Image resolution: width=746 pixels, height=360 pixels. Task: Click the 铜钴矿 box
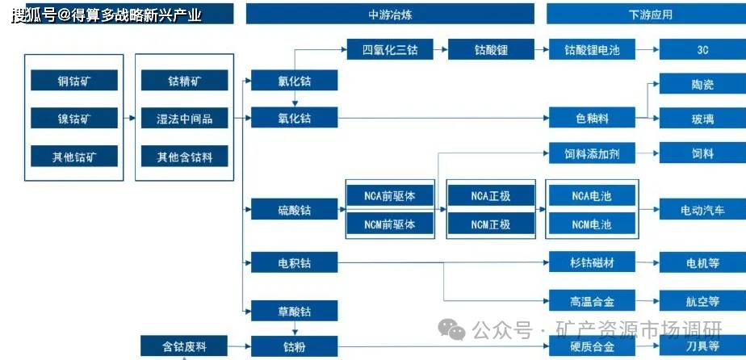pyautogui.click(x=74, y=80)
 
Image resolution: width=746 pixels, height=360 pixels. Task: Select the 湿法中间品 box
pyautogui.click(x=185, y=118)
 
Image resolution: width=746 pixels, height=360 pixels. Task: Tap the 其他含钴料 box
pyautogui.click(x=185, y=156)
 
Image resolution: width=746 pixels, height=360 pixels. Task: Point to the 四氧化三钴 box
pyautogui.click(x=390, y=49)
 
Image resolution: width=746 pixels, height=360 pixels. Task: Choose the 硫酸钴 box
pyautogui.click(x=295, y=209)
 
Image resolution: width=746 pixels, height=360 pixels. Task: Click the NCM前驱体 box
pyautogui.click(x=390, y=224)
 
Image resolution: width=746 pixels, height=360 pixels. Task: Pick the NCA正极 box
pyautogui.click(x=491, y=195)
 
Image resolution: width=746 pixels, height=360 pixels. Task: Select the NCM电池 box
pyautogui.click(x=592, y=224)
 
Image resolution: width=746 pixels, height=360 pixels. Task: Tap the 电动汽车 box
pyautogui.click(x=702, y=209)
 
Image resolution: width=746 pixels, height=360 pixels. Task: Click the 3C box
pyautogui.click(x=702, y=49)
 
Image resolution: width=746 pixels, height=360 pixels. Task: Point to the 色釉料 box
pyautogui.click(x=592, y=118)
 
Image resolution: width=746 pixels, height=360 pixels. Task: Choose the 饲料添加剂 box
pyautogui.click(x=592, y=153)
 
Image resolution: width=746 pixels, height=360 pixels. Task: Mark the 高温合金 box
pyautogui.click(x=592, y=300)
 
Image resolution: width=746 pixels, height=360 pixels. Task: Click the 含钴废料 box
pyautogui.click(x=184, y=345)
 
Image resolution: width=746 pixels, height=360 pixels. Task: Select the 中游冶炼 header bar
pyautogui.click(x=390, y=14)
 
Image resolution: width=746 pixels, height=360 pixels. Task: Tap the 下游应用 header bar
pyautogui.click(x=646, y=14)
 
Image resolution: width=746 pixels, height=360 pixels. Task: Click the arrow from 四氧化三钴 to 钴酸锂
pyautogui.click(x=441, y=49)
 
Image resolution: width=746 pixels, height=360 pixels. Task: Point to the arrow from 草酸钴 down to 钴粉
pyautogui.click(x=295, y=329)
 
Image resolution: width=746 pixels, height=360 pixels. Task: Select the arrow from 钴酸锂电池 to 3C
pyautogui.click(x=647, y=49)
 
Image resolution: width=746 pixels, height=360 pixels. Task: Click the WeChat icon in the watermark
pyautogui.click(x=451, y=329)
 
